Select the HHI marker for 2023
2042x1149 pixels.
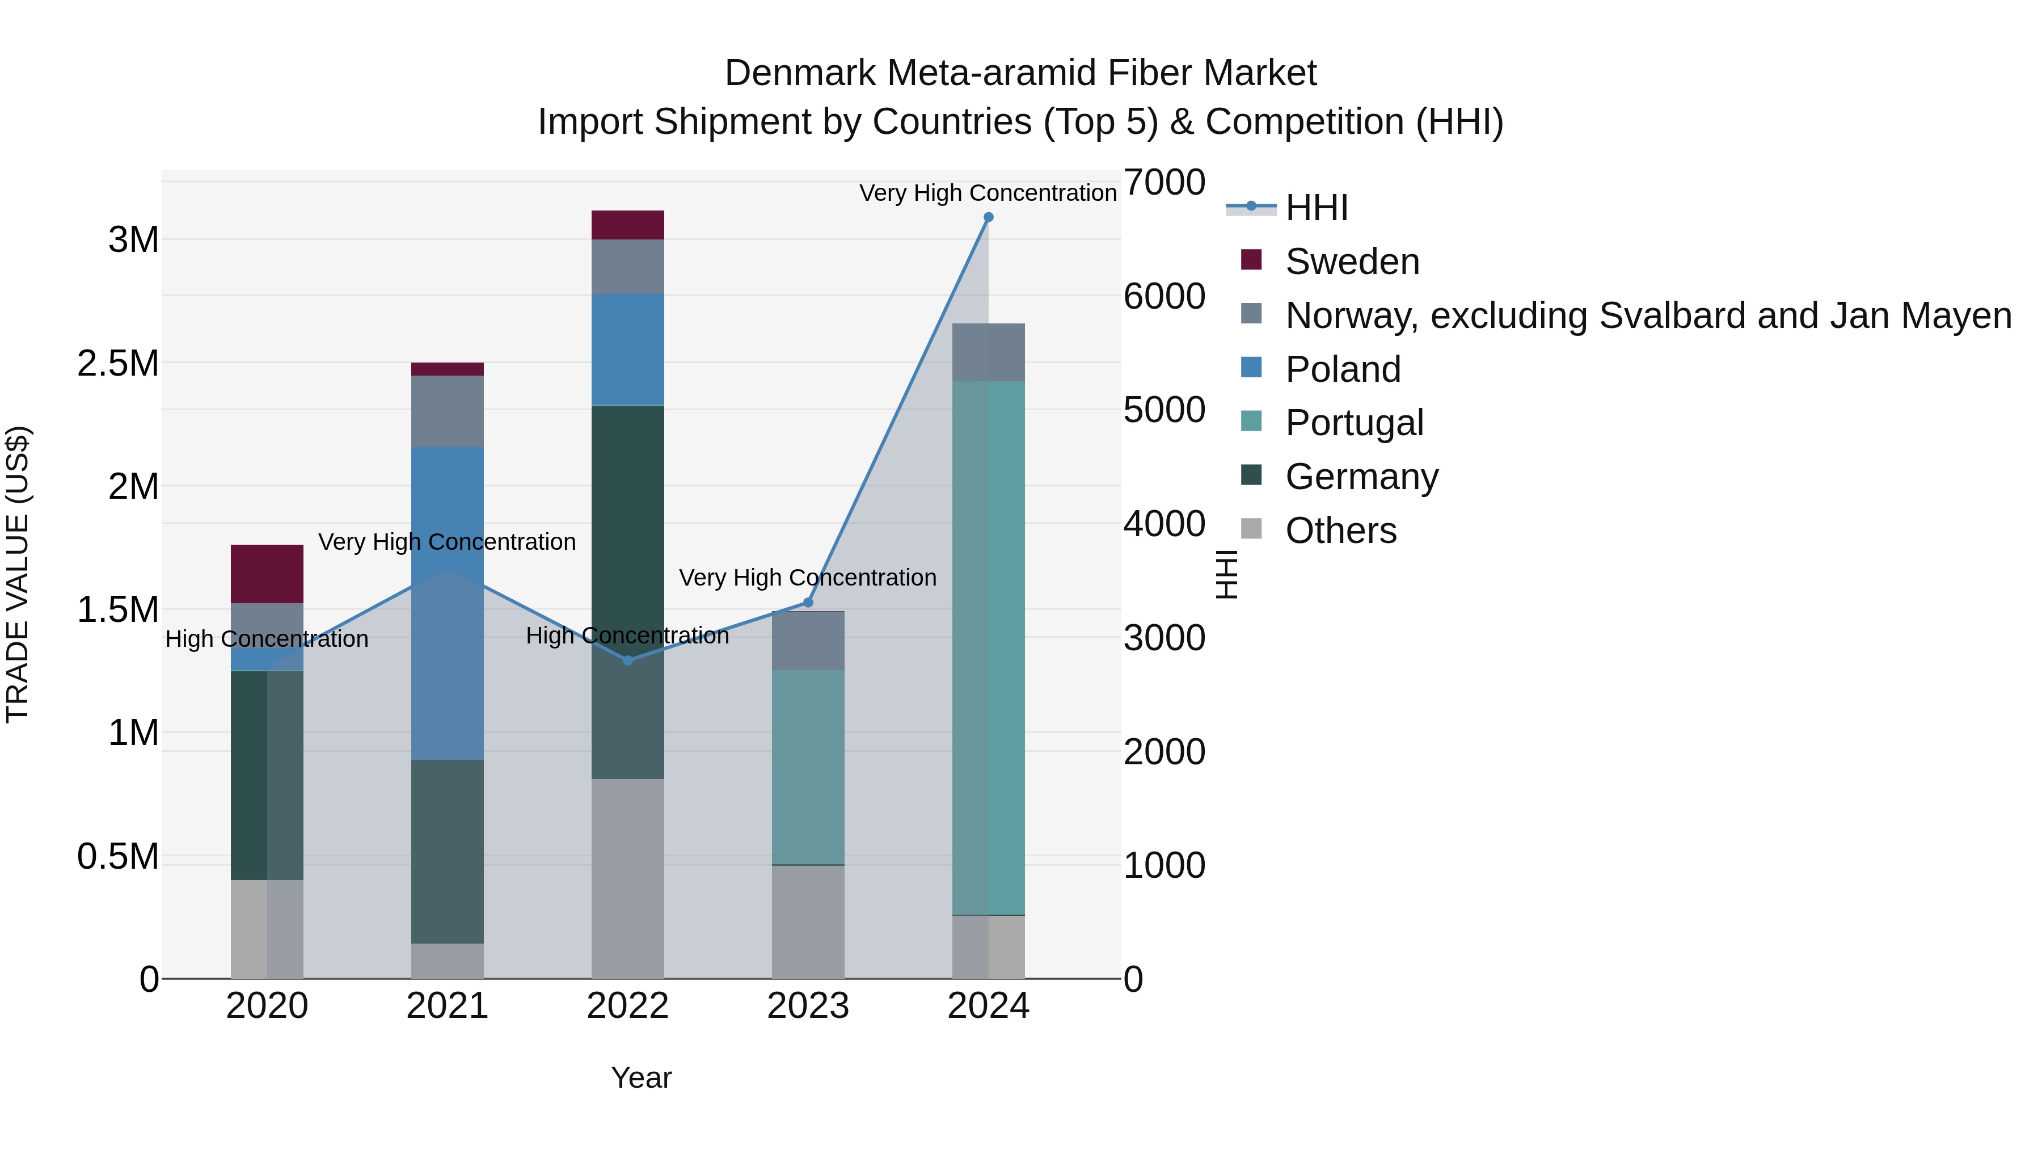(808, 603)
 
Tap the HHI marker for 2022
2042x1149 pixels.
(628, 660)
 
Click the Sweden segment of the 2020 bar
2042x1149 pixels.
(267, 574)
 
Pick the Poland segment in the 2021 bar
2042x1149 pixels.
(447, 603)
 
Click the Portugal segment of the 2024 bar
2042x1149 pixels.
(989, 648)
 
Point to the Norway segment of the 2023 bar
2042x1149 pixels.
(808, 641)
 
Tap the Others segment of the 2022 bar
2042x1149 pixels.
(628, 878)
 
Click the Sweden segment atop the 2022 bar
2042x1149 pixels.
(628, 225)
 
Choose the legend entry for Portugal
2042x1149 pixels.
(1355, 423)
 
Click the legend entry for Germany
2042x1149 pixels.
(1362, 477)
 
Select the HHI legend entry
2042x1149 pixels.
(1317, 208)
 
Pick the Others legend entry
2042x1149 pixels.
(1340, 531)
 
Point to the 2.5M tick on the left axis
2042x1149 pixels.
(118, 363)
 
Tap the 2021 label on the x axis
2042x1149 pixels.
(447, 1006)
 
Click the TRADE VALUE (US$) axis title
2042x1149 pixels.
(18, 574)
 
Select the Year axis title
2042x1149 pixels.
(642, 1078)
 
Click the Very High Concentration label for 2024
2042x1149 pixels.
(988, 193)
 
